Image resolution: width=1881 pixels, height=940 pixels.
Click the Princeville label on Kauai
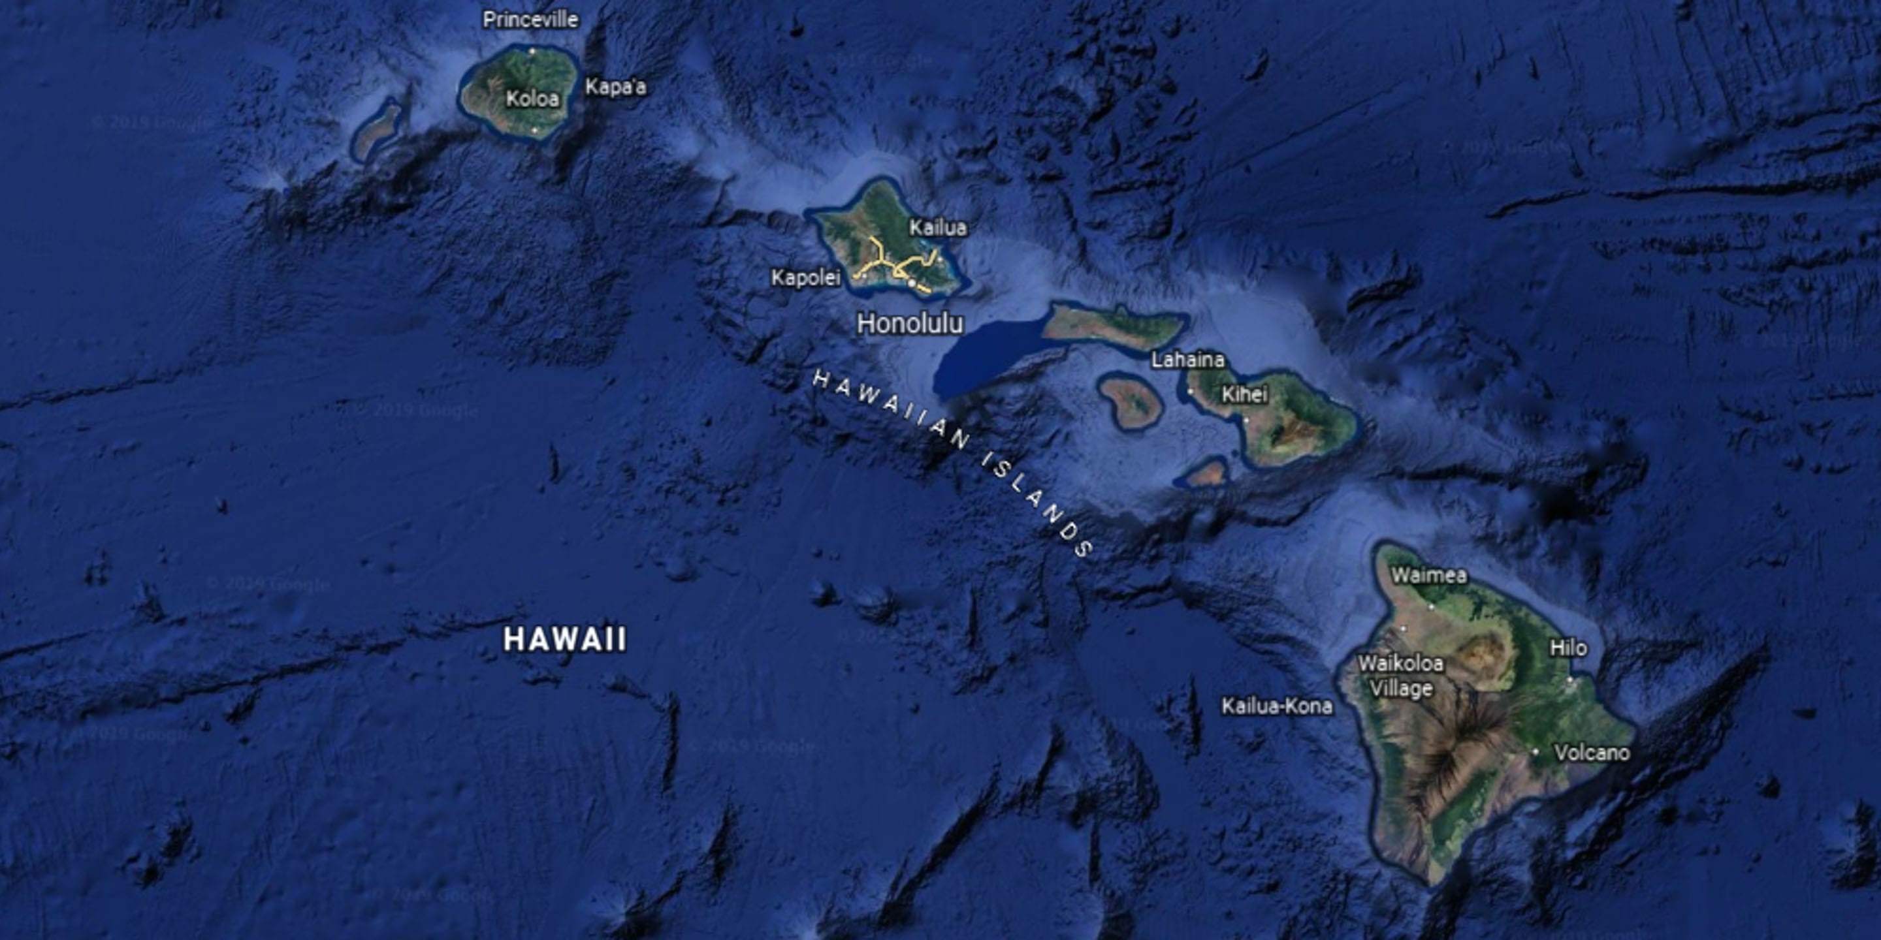[530, 20]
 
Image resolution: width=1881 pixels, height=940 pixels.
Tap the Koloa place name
[532, 99]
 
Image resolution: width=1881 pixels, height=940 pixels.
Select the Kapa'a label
[615, 87]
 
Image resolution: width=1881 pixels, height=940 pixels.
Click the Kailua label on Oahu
[938, 228]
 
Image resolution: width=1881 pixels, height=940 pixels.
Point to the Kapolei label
[806, 278]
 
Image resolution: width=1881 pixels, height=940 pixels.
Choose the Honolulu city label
[910, 323]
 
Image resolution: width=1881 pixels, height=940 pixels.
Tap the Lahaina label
[1187, 360]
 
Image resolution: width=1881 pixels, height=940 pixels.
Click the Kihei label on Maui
[1244, 395]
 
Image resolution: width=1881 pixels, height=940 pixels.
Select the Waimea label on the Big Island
[1428, 576]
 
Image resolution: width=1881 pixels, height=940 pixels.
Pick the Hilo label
[1567, 648]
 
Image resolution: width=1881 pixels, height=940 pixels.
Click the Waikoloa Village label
[1400, 676]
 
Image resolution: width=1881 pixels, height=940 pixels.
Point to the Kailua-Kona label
[1277, 706]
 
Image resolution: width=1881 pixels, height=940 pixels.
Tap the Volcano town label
[1592, 753]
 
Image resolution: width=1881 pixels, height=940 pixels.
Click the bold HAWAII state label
[565, 640]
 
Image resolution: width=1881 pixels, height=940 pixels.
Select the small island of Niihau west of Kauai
[377, 132]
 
